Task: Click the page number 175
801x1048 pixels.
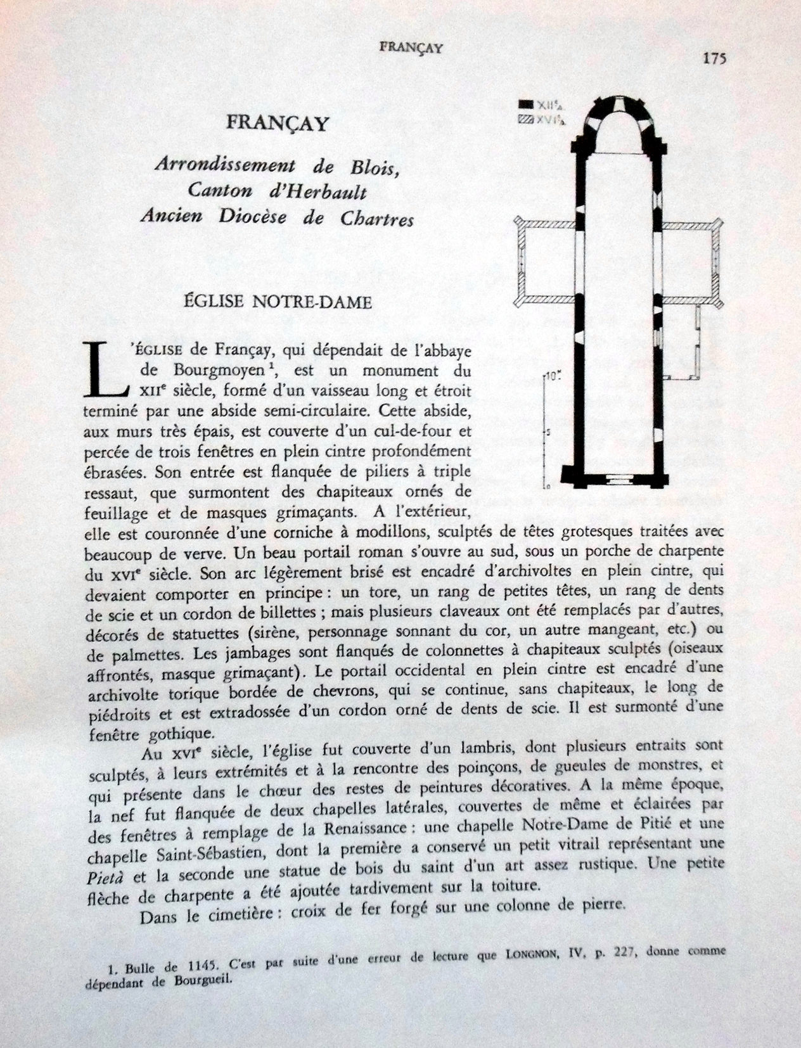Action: click(x=714, y=58)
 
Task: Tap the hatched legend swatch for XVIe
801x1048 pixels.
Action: click(x=525, y=118)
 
